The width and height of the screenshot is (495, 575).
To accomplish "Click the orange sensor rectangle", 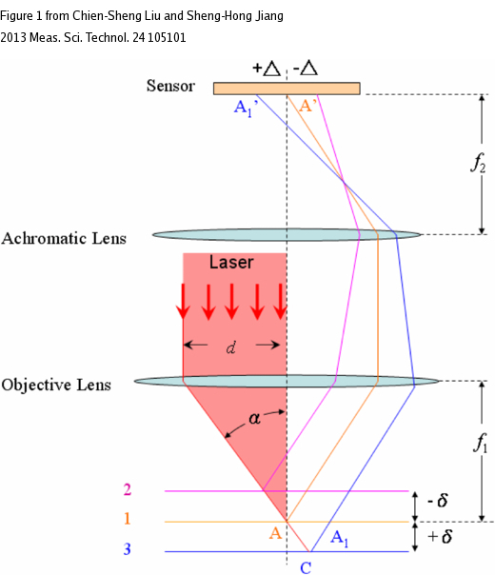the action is click(287, 89).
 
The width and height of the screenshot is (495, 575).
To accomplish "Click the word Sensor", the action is click(170, 86).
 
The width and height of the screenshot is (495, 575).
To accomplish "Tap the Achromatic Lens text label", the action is click(64, 238).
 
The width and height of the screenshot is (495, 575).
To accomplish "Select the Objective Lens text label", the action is click(56, 385).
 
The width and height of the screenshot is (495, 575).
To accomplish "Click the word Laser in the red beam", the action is click(231, 262).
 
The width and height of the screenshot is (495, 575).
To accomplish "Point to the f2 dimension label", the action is click(479, 163).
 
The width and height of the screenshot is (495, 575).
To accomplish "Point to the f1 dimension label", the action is click(480, 443).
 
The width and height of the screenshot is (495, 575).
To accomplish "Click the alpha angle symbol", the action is click(254, 418).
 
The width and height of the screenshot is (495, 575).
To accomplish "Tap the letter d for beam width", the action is click(230, 347).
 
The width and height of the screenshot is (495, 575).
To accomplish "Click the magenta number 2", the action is click(128, 489).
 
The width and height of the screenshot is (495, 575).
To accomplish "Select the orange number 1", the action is click(128, 519).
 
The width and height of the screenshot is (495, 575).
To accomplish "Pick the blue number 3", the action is click(127, 549).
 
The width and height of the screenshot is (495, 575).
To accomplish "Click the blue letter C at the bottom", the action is click(306, 567).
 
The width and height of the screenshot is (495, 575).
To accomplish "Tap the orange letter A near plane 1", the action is click(275, 533).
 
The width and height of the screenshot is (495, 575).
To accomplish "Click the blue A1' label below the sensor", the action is click(246, 109).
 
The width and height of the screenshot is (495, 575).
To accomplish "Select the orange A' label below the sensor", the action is click(308, 106).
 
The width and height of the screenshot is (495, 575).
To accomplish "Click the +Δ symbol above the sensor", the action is click(267, 68).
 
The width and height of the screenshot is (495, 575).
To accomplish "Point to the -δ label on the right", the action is click(438, 500).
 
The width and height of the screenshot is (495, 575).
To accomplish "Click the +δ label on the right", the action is click(440, 537).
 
